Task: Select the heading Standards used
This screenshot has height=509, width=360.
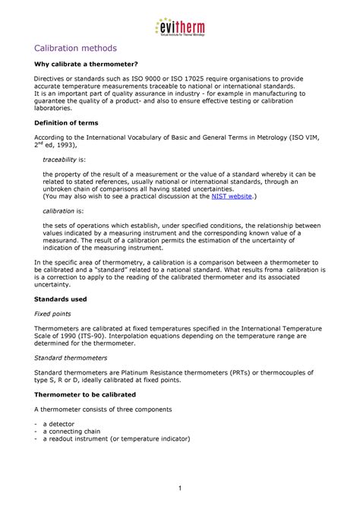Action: pyautogui.click(x=62, y=299)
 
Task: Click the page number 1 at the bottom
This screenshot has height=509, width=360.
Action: pyautogui.click(x=179, y=486)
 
